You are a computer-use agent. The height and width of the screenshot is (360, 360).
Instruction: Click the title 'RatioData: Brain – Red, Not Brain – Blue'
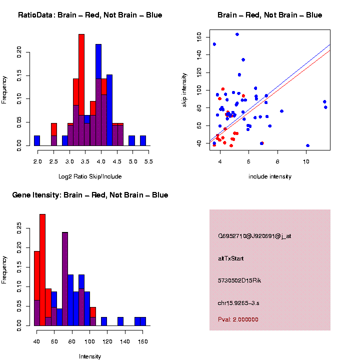pyautogui.click(x=90, y=15)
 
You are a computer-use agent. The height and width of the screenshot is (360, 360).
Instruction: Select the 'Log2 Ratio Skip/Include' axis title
pyautogui.click(x=90, y=176)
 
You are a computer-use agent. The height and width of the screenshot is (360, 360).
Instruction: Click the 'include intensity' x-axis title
pyautogui.click(x=270, y=176)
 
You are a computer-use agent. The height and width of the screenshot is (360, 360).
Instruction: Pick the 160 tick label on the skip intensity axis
pyautogui.click(x=198, y=36)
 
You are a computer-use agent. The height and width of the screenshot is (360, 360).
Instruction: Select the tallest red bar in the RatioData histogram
pyautogui.click(x=81, y=90)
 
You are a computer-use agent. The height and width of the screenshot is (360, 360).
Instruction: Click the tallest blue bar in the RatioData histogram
pyautogui.click(x=98, y=95)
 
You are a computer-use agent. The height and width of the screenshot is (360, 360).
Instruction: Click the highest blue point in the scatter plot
pyautogui.click(x=237, y=34)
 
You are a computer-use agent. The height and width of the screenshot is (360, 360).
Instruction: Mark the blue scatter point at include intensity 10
pyautogui.click(x=307, y=145)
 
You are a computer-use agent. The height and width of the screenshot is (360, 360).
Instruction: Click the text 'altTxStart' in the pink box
pyautogui.click(x=231, y=258)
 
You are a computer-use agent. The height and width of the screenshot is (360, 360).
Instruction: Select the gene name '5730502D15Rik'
pyautogui.click(x=239, y=280)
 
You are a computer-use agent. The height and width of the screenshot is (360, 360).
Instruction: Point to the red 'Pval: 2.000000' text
pyautogui.click(x=238, y=319)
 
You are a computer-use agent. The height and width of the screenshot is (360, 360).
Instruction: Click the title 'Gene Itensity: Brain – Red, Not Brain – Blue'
pyautogui.click(x=90, y=195)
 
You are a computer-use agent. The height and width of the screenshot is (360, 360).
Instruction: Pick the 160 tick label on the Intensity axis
pyautogui.click(x=142, y=342)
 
